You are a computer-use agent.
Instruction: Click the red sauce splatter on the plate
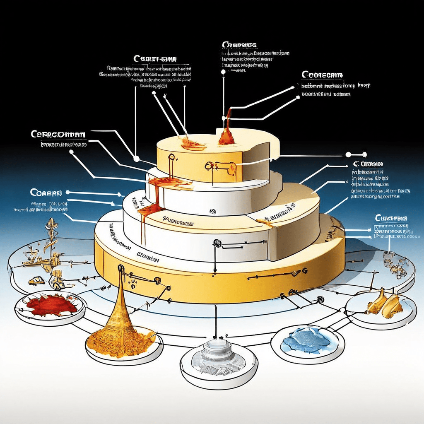click(49, 305)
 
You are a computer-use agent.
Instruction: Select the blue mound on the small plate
click(306, 339)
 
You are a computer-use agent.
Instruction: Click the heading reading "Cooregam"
click(322, 75)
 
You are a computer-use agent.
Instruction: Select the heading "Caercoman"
click(58, 135)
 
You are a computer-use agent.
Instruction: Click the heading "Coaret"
click(46, 193)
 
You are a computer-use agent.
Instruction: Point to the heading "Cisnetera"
click(390, 218)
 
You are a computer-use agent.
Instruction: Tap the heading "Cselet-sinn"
click(155, 59)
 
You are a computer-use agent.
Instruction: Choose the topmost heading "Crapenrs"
click(239, 44)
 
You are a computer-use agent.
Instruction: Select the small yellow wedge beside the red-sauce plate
click(36, 281)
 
